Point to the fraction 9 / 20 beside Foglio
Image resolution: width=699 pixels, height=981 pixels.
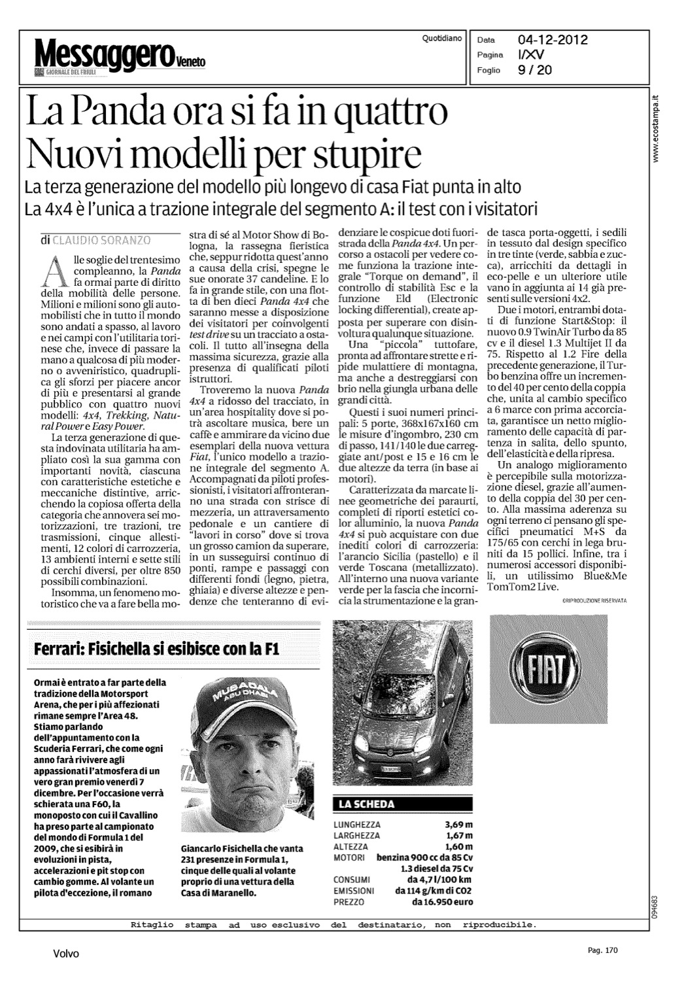point(534,70)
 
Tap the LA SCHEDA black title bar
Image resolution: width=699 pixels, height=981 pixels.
point(401,804)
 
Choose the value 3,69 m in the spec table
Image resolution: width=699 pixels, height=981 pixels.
point(459,825)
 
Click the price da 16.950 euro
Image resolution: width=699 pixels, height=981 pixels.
point(443,902)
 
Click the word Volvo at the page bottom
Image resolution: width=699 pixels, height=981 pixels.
point(66,954)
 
